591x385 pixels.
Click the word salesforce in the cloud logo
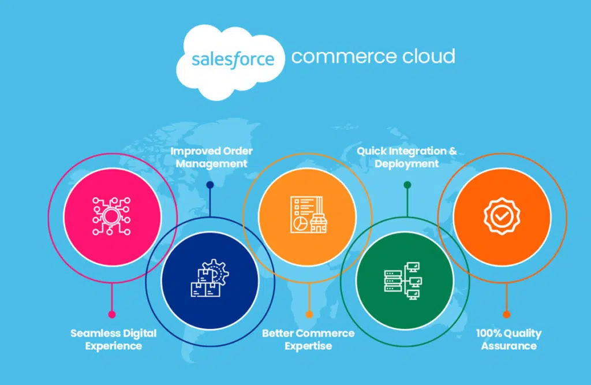tap(233, 60)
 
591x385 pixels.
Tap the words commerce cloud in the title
tap(373, 56)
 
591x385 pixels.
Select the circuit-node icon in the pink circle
tap(111, 216)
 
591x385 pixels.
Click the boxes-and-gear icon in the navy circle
tap(210, 278)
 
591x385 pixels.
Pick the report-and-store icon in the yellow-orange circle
tap(308, 215)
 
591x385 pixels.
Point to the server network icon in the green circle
tap(403, 281)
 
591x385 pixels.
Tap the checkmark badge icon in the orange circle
tap(502, 216)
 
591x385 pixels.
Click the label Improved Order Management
tap(211, 157)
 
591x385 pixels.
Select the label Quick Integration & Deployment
tap(407, 157)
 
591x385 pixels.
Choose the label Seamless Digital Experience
tap(114, 339)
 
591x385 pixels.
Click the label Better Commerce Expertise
tap(308, 339)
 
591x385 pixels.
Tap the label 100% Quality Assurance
tap(509, 339)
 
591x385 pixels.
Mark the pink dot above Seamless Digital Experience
tap(111, 315)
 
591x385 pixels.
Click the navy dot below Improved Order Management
tap(210, 185)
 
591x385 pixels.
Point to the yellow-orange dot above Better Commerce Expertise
tap(309, 315)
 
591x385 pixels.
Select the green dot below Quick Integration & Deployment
tap(407, 185)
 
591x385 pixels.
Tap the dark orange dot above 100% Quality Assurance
tap(506, 315)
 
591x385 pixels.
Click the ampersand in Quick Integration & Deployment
tap(452, 151)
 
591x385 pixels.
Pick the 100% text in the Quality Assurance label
tap(489, 333)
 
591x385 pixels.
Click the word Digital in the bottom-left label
tap(140, 334)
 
